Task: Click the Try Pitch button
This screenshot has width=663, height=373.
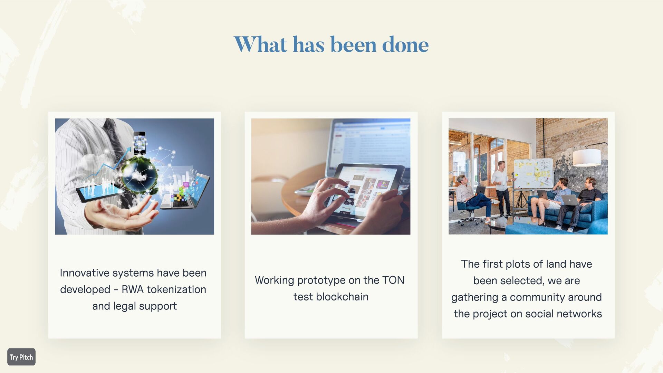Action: [x=21, y=357]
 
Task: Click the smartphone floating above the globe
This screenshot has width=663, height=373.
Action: [x=140, y=143]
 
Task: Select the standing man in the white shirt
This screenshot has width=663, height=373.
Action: [x=502, y=188]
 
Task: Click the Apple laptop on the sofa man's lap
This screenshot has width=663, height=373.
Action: [x=570, y=200]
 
